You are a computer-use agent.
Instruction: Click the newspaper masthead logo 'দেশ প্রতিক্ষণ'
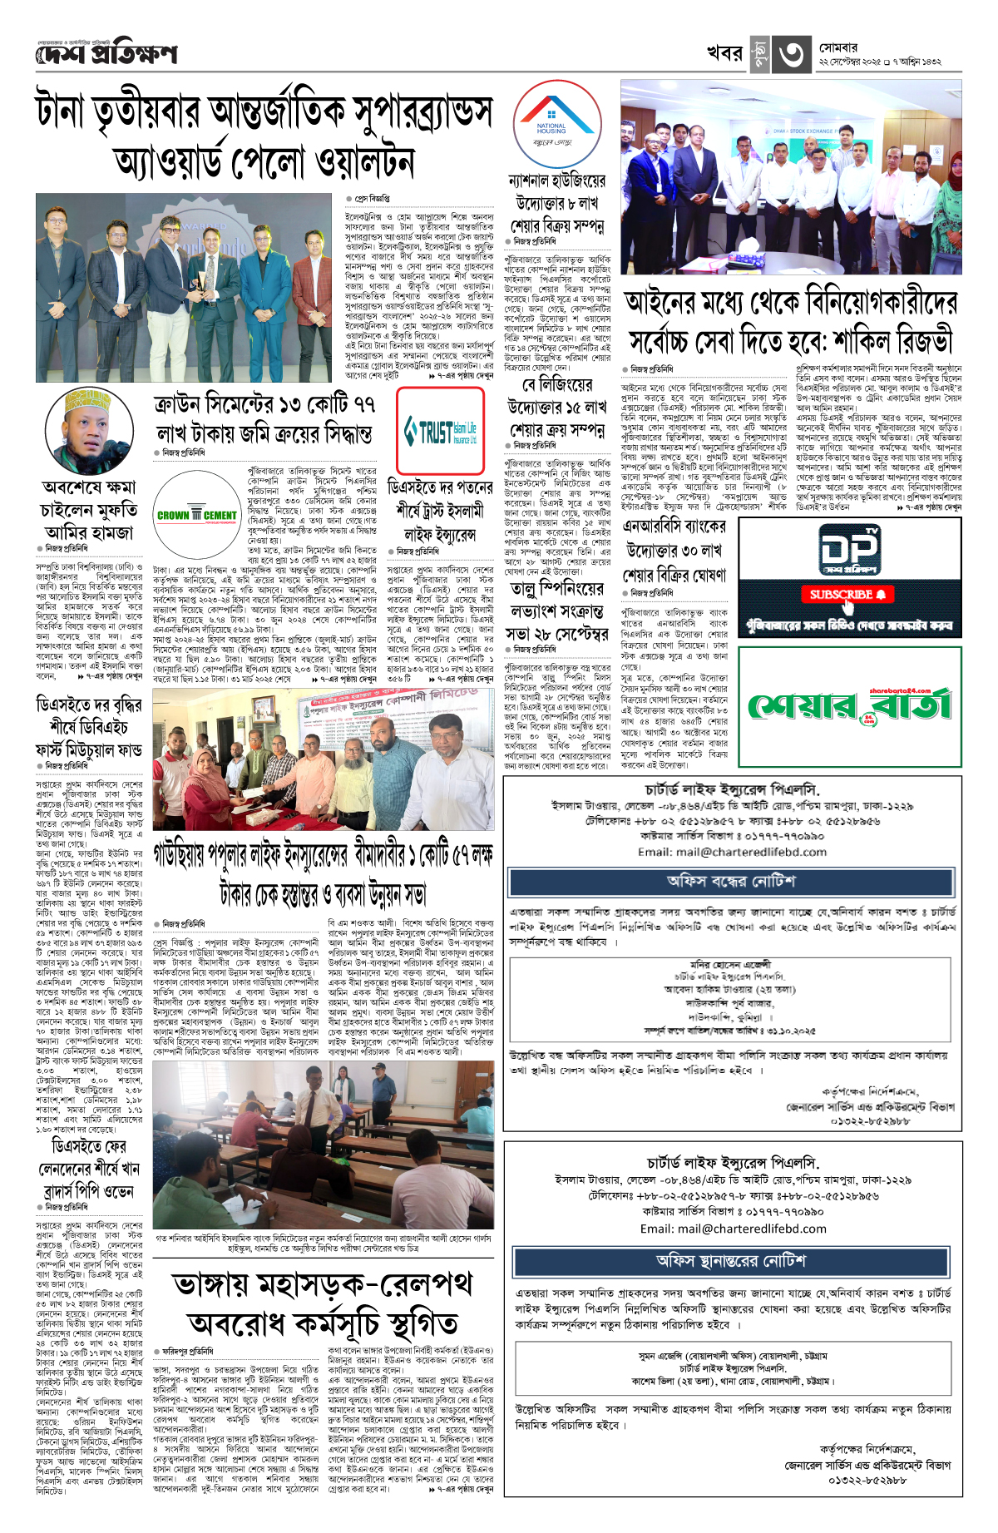106,55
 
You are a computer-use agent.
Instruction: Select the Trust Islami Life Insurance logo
440,432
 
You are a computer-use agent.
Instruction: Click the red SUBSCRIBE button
848,594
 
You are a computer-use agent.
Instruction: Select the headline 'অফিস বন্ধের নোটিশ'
731,881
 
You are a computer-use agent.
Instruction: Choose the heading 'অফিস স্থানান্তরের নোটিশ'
731,1260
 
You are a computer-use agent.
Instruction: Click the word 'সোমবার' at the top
839,47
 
